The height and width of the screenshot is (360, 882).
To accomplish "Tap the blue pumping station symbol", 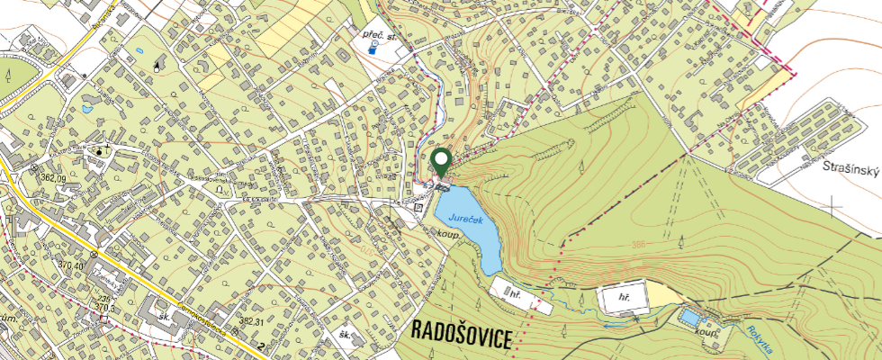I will coord(372,51).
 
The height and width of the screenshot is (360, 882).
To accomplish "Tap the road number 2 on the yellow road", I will coord(262,345).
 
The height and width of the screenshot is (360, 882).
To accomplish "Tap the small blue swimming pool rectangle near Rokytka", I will coord(690,318).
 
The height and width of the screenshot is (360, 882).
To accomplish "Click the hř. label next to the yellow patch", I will coord(622,296).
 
